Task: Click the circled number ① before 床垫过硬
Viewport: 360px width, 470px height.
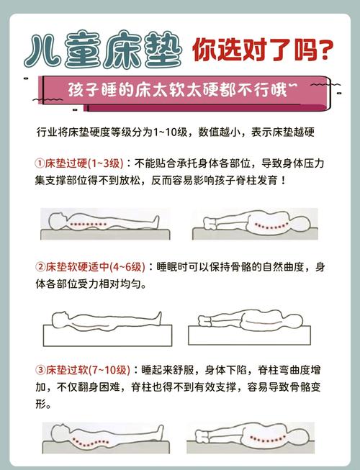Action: (40, 163)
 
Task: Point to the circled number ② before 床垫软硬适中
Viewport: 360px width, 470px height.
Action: (40, 267)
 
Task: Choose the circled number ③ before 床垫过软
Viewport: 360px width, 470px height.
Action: (40, 371)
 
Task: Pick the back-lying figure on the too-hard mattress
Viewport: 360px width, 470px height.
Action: (104, 224)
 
